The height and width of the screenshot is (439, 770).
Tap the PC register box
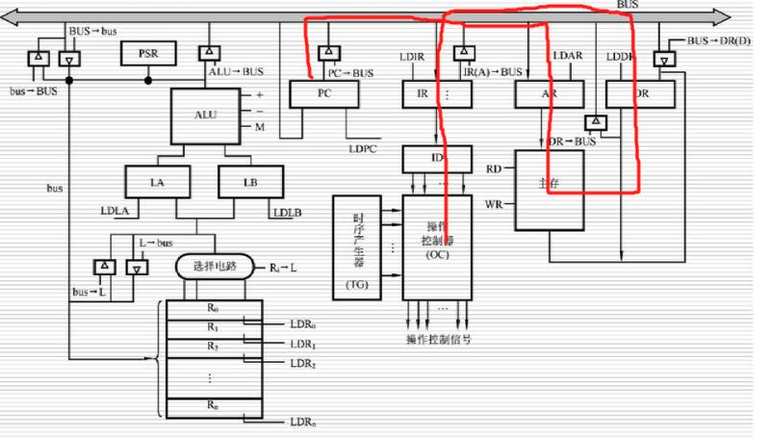[x=323, y=93]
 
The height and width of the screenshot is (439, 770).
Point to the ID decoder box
[x=437, y=158]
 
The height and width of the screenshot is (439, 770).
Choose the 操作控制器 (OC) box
[x=438, y=245]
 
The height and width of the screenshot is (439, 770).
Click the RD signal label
[x=494, y=168]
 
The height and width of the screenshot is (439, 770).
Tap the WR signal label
[x=494, y=204]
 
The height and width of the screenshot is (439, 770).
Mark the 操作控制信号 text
[x=438, y=340]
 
